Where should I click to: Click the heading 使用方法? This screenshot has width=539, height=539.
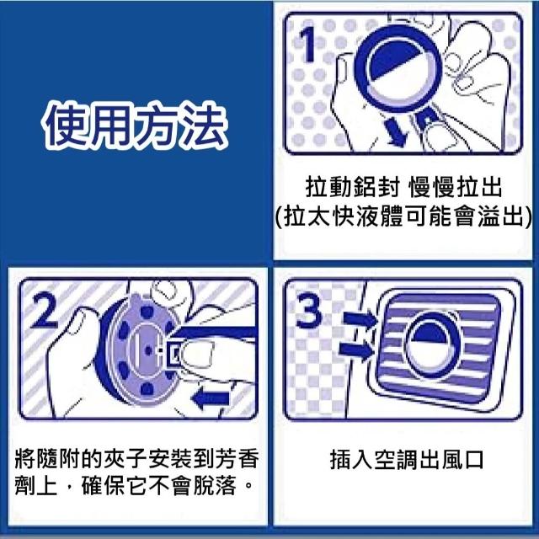[135, 125]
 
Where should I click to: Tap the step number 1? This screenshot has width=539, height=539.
[308, 45]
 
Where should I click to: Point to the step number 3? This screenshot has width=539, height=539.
[309, 312]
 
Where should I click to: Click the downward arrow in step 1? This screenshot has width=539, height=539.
[396, 131]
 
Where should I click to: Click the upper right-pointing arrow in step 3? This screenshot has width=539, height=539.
[360, 319]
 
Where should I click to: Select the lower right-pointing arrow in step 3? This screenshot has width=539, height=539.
[356, 350]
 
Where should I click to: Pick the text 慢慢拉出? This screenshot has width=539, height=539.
[455, 188]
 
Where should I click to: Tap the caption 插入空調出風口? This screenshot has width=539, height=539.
[407, 460]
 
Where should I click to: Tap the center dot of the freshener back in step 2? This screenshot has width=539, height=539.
[148, 350]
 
